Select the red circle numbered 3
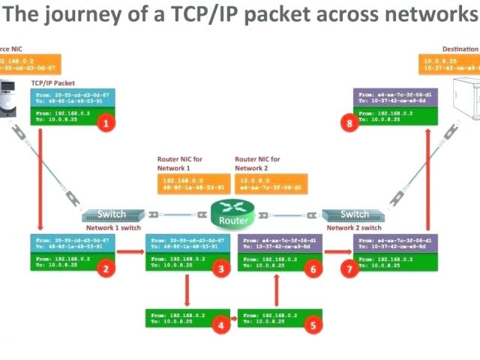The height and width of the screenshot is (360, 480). pyautogui.click(x=220, y=268)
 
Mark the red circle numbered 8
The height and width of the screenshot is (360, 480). pyautogui.click(x=347, y=124)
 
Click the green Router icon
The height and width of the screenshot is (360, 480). pyautogui.click(x=232, y=214)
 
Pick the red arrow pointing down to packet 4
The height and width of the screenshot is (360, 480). pyautogui.click(x=184, y=289)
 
